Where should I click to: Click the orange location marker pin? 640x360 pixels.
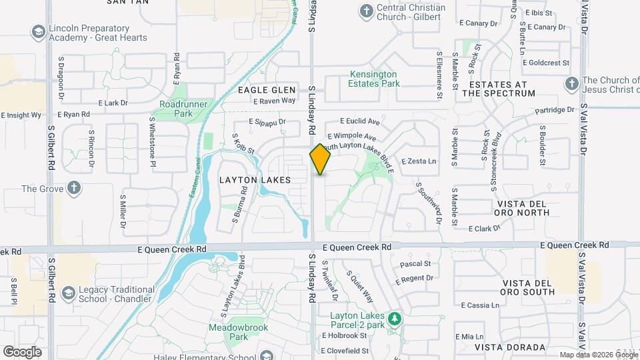(321, 159)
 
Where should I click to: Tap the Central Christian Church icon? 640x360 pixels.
(366, 11)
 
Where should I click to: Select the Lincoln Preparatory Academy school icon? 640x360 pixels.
(38, 32)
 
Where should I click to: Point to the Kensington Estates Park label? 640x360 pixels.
(374, 79)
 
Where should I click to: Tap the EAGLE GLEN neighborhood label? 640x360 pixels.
(265, 90)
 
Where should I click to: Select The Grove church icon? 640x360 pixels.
(74, 188)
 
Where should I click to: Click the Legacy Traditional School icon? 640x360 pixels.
(68, 293)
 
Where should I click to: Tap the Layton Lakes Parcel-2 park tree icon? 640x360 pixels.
(395, 319)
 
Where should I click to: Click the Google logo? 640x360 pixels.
(22, 351)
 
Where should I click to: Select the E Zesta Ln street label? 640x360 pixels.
(419, 161)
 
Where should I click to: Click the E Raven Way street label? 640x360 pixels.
(274, 101)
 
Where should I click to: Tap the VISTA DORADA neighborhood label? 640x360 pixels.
(510, 347)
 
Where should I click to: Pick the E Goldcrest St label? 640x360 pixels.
(546, 63)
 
